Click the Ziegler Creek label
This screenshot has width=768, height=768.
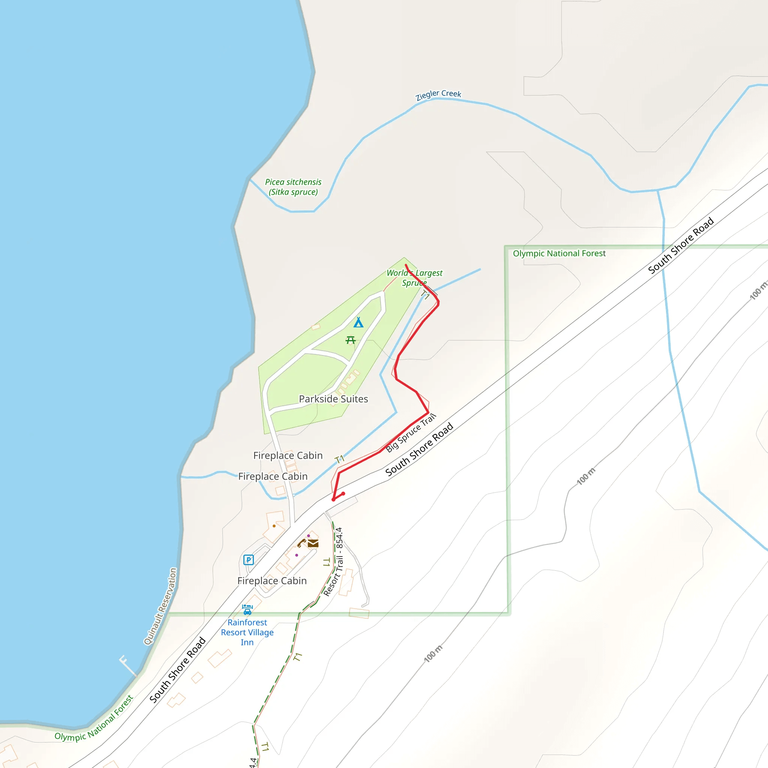pyautogui.click(x=438, y=94)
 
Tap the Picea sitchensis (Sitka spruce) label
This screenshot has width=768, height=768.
pyautogui.click(x=293, y=187)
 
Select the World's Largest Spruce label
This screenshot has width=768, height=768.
pyautogui.click(x=415, y=277)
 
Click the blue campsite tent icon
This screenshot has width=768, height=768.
pyautogui.click(x=358, y=322)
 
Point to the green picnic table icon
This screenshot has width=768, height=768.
pyautogui.click(x=350, y=340)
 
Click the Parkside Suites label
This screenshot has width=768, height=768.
pyautogui.click(x=333, y=399)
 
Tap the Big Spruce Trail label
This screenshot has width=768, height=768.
pyautogui.click(x=411, y=432)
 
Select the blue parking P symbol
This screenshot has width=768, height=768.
pyautogui.click(x=249, y=560)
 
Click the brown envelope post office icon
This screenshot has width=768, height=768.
pyautogui.click(x=313, y=543)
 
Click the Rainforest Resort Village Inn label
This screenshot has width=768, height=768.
pyautogui.click(x=247, y=632)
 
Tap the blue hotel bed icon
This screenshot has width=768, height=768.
pyautogui.click(x=247, y=609)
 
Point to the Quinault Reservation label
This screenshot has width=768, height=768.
pyautogui.click(x=160, y=606)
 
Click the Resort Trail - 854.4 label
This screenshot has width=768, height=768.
pyautogui.click(x=333, y=562)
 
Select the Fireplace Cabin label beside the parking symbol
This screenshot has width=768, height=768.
pyautogui.click(x=272, y=581)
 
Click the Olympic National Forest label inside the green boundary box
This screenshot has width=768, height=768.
pyautogui.click(x=559, y=253)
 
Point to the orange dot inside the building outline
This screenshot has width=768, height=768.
pyautogui.click(x=274, y=526)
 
